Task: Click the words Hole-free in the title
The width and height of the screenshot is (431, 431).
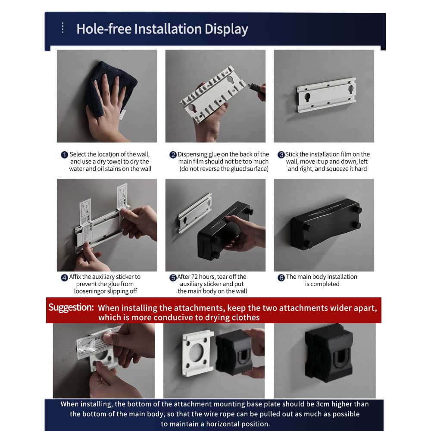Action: pyautogui.click(x=103, y=29)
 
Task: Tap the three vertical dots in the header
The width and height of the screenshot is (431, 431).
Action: pyautogui.click(x=63, y=28)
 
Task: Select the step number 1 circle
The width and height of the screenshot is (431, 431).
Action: pyautogui.click(x=64, y=155)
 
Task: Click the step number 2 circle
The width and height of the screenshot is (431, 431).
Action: pyautogui.click(x=173, y=155)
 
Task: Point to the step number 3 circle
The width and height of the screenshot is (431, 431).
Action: pyautogui.click(x=281, y=155)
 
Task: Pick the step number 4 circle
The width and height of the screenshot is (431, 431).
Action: pyautogui.click(x=64, y=278)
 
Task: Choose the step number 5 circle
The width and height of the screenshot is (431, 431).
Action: pyautogui.click(x=173, y=278)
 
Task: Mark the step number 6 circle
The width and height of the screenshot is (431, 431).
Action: pyautogui.click(x=281, y=278)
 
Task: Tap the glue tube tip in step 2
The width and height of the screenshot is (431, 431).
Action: pyautogui.click(x=250, y=85)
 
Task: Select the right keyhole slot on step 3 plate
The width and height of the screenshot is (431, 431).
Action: pyautogui.click(x=351, y=89)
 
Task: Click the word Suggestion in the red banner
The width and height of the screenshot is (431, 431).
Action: pyautogui.click(x=71, y=307)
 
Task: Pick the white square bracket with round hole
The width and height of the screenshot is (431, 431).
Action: pyautogui.click(x=198, y=353)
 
